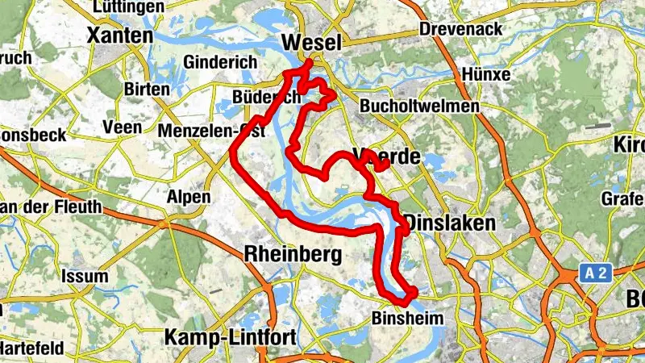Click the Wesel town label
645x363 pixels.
coord(310,43)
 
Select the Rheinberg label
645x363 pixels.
coord(292,254)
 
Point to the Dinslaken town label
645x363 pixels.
coord(449,223)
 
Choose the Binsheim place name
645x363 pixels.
coord(408,319)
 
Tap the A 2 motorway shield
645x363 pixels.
coord(595,273)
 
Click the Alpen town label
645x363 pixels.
coord(188,197)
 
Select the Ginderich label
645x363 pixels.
coord(220,62)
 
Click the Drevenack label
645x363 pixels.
coord(461,30)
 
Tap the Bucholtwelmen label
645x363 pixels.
coord(420,106)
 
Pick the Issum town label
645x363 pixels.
coord(84,277)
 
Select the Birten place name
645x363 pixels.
coord(148,89)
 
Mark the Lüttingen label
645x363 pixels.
coord(126,7)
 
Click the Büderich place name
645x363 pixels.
coord(265,97)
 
